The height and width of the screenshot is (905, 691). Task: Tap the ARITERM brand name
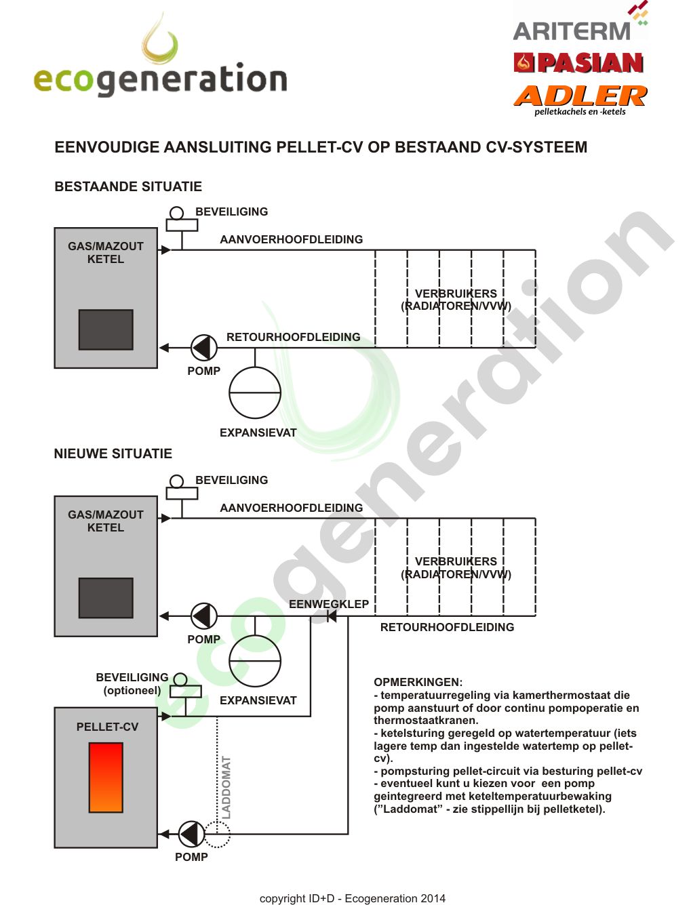pyautogui.click(x=572, y=31)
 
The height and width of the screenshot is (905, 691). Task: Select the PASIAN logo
pyautogui.click(x=578, y=63)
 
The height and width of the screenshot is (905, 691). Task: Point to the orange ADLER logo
pyautogui.click(x=580, y=96)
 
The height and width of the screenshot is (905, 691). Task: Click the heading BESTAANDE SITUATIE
pyautogui.click(x=128, y=186)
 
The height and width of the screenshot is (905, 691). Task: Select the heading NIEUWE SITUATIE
pyautogui.click(x=113, y=454)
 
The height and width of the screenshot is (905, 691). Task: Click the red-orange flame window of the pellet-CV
pyautogui.click(x=106, y=777)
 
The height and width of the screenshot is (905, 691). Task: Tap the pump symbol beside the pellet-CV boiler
pyautogui.click(x=191, y=834)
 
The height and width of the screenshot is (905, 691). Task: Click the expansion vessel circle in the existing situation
pyautogui.click(x=255, y=393)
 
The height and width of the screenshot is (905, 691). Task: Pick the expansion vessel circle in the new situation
pyautogui.click(x=255, y=661)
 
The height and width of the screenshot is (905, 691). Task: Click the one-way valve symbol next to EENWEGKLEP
pyautogui.click(x=331, y=616)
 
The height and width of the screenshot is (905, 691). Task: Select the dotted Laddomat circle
pyautogui.click(x=217, y=834)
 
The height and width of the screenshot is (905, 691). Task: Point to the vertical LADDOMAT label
pyautogui.click(x=226, y=787)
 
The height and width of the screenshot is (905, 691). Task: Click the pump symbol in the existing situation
pyautogui.click(x=203, y=348)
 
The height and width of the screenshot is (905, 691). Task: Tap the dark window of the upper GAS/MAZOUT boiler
pyautogui.click(x=106, y=329)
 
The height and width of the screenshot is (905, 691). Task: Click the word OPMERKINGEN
pyautogui.click(x=418, y=682)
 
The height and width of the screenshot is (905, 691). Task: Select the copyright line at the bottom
pyautogui.click(x=353, y=898)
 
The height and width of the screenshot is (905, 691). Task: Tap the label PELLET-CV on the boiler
pyautogui.click(x=107, y=727)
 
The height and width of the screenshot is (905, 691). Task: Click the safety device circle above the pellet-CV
pyautogui.click(x=180, y=679)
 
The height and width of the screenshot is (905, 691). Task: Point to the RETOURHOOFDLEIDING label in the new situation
pyautogui.click(x=447, y=627)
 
